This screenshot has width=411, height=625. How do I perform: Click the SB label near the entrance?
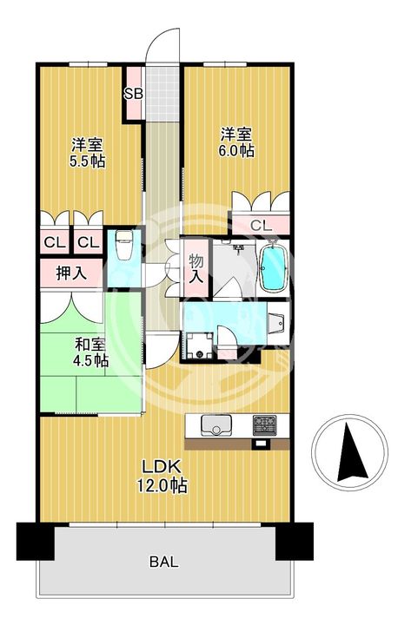pyautogui.click(x=134, y=94)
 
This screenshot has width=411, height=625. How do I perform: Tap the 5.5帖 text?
pyautogui.click(x=88, y=161)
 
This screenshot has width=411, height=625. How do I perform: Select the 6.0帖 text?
pyautogui.click(x=235, y=150)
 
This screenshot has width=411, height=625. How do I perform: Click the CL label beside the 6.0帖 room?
pyautogui.click(x=260, y=226)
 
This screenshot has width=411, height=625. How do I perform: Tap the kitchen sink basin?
pyautogui.click(x=214, y=425)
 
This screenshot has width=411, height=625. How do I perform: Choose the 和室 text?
pyautogui.click(x=89, y=344)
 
